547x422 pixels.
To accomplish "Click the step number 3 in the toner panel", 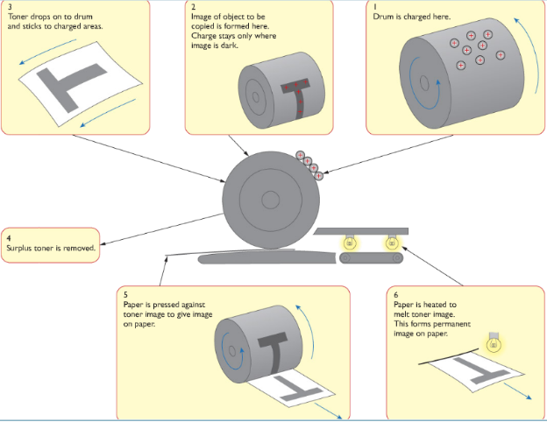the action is [10, 7].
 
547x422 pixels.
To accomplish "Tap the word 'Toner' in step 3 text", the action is [18, 17].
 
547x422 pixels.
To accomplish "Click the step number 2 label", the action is [193, 7].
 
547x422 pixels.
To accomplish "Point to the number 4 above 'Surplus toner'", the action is [9, 238].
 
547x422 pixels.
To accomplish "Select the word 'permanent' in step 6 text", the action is [452, 325].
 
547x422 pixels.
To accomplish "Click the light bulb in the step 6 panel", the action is [494, 343].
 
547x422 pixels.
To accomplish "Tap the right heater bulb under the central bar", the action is [392, 241].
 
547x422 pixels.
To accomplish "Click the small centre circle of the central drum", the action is [270, 200].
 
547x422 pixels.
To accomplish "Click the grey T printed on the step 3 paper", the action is [69, 85].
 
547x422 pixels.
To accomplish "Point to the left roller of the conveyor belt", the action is [345, 258].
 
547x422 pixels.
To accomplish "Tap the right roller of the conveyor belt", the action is [397, 258].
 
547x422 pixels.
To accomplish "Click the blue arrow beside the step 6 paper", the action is [517, 391].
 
